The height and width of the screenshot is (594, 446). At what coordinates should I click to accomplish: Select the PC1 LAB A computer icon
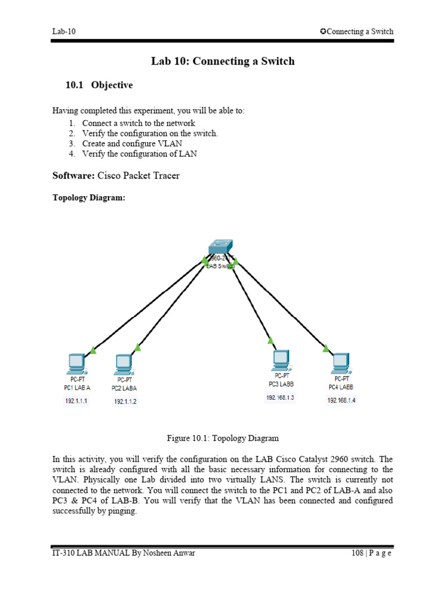(x=76, y=364)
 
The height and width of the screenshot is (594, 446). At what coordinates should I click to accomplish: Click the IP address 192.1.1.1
(x=76, y=400)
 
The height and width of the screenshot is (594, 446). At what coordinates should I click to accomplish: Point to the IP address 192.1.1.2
(x=125, y=401)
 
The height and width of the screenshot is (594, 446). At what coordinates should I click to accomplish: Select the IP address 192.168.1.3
(x=280, y=397)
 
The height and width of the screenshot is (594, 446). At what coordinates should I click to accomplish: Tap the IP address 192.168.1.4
(x=341, y=400)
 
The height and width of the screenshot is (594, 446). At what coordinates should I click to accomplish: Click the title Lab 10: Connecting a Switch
(x=222, y=61)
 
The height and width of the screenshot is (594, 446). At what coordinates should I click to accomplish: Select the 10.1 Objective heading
(x=99, y=85)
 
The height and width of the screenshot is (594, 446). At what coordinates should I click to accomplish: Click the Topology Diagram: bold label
(x=88, y=198)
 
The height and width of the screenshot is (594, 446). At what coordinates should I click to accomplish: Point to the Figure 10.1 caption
(x=222, y=438)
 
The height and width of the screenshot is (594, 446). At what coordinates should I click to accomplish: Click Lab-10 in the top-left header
(x=64, y=31)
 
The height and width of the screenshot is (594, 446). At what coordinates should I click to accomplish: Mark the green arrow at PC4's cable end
(x=326, y=349)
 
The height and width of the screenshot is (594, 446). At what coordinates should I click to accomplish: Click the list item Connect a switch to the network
(x=138, y=123)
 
